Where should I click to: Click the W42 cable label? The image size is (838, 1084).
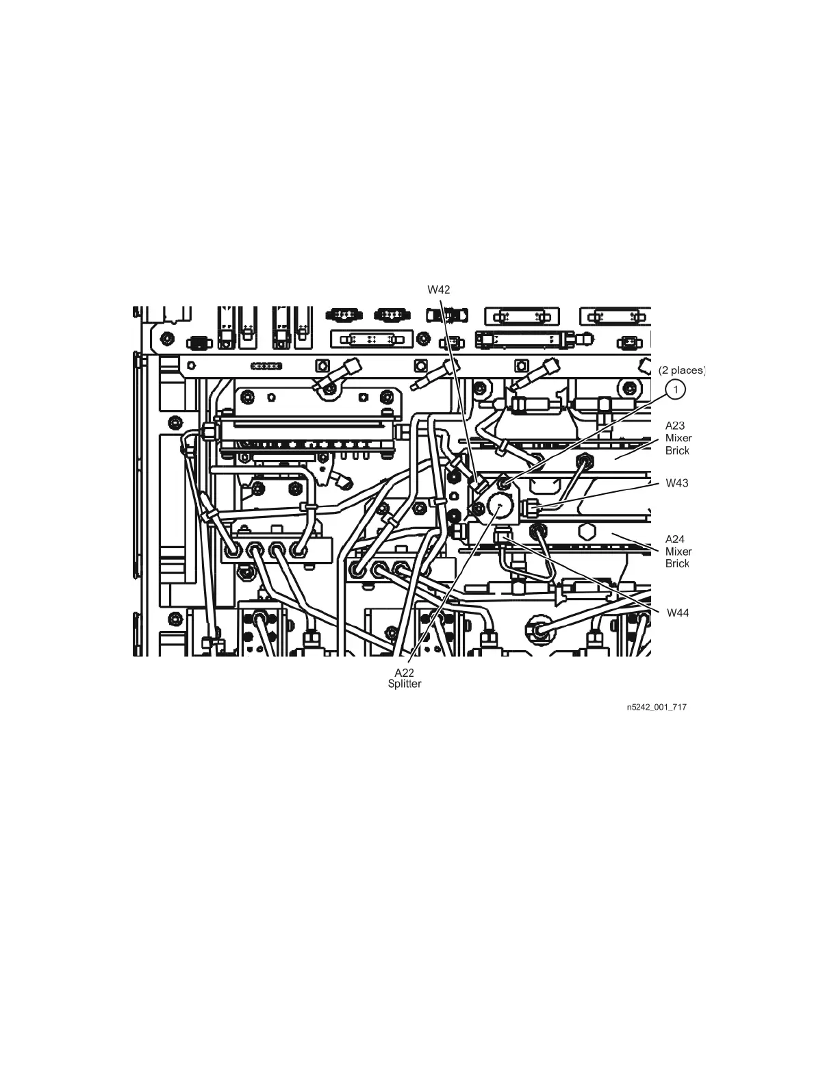coord(439,289)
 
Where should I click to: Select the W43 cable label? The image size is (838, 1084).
coord(677,483)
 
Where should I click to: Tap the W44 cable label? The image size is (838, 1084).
coord(678,613)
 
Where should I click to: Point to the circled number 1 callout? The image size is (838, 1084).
coord(676,389)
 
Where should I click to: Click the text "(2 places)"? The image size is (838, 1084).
coord(681,370)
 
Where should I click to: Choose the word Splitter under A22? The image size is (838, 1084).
coord(405,684)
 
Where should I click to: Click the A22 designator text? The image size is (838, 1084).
coord(405,673)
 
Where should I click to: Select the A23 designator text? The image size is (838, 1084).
coord(675,426)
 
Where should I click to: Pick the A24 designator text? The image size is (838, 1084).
coord(675,539)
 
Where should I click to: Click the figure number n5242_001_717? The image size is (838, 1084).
coord(656,707)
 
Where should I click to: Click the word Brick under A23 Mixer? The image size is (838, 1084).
coord(677,450)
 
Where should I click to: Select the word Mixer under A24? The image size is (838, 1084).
coord(678,552)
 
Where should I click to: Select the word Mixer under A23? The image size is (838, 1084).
coord(678,438)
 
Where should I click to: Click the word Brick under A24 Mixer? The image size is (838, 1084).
coord(677,564)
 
